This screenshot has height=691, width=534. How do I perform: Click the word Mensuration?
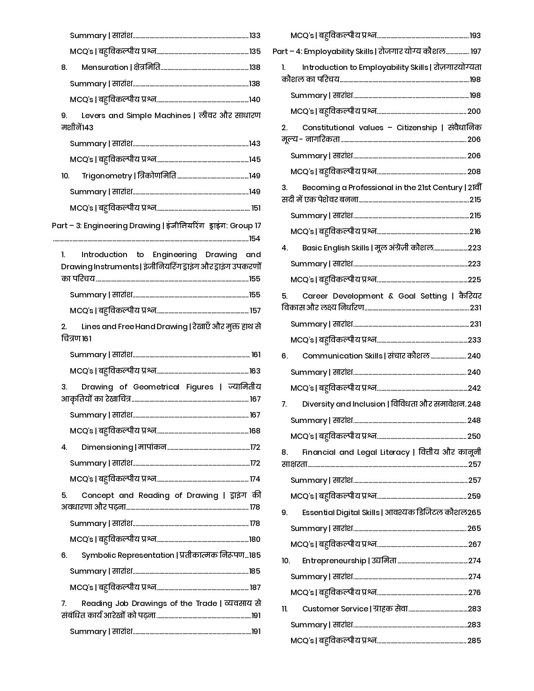(105, 67)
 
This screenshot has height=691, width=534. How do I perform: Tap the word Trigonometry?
(106, 176)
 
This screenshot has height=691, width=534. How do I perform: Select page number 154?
(255, 239)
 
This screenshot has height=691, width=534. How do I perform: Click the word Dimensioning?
(107, 447)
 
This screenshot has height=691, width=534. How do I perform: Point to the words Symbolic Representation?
(128, 555)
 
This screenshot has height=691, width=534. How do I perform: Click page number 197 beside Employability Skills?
(475, 52)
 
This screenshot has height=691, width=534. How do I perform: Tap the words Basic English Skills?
(335, 248)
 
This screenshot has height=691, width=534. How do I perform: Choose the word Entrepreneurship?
(334, 561)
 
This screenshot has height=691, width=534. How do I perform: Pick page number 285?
(474, 641)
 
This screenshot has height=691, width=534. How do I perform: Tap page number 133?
(255, 36)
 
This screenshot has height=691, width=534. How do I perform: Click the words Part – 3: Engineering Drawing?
(106, 226)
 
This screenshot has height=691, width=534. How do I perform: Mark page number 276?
(474, 593)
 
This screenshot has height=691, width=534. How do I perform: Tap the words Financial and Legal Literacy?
(356, 452)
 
